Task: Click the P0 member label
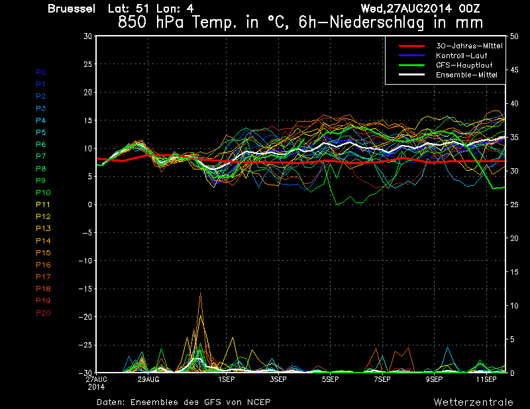pos(41,72)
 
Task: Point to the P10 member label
pos(43,193)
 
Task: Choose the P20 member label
pos(43,313)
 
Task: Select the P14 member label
pos(43,241)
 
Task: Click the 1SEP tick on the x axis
pos(226,380)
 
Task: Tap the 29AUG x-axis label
pos(148,380)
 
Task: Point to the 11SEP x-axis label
pos(486,380)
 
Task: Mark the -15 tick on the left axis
pos(86,289)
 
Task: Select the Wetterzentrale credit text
pos(473,402)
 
